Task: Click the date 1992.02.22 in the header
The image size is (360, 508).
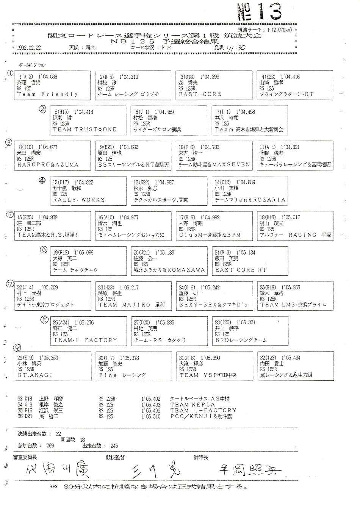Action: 29,48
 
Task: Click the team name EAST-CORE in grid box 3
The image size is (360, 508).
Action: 200,94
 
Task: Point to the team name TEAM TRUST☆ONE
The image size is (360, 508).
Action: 85,129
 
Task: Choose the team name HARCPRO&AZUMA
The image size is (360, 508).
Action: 48,165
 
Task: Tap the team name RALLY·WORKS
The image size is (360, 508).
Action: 79,200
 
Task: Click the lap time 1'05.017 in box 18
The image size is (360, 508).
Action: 289,217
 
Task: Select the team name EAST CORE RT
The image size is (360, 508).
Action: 241,270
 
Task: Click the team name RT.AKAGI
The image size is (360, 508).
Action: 35,375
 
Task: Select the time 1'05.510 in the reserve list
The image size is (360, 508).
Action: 151,417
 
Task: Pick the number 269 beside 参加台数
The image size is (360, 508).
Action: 50,446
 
